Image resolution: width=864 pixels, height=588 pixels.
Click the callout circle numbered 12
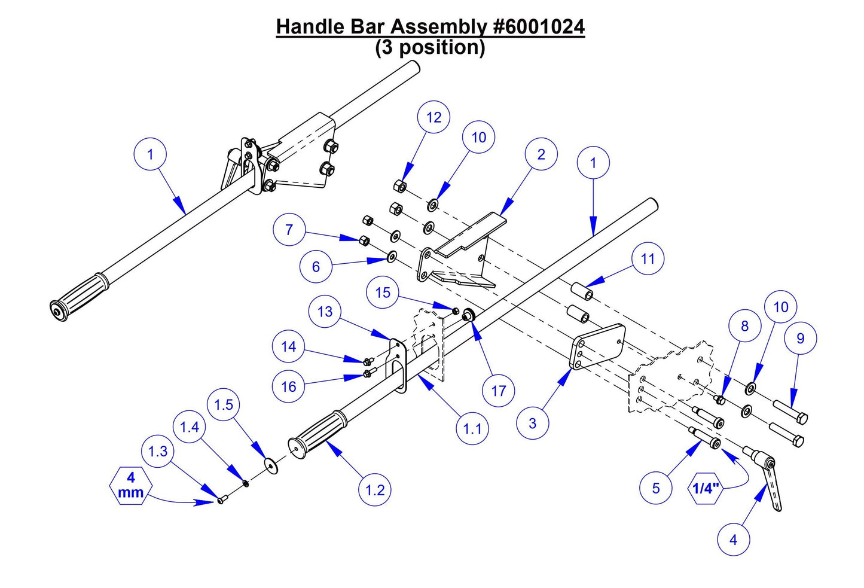coord(433,117)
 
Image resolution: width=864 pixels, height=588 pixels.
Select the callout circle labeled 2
coord(541,154)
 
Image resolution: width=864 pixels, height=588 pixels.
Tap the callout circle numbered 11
coord(648,258)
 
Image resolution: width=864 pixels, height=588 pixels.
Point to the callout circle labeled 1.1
coord(472,428)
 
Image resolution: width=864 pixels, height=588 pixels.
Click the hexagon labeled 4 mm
coord(131,485)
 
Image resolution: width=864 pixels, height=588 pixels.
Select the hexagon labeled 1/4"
coord(706,488)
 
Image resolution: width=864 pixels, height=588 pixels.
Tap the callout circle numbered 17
coord(498,391)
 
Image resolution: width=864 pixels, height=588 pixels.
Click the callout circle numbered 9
coord(800,339)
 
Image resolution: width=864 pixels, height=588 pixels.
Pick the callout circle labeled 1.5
coord(224,405)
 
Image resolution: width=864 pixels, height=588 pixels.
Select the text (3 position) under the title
coord(430,47)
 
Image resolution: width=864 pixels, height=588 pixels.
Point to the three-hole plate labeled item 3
coord(598,347)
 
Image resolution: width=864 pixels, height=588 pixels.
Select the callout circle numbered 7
coord(289,230)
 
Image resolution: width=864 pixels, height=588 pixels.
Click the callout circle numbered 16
coord(289,386)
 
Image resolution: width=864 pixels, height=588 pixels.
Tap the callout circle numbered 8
coord(744,326)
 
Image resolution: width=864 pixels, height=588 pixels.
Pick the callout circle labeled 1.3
coord(158,450)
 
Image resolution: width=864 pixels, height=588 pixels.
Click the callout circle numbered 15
coord(383,292)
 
